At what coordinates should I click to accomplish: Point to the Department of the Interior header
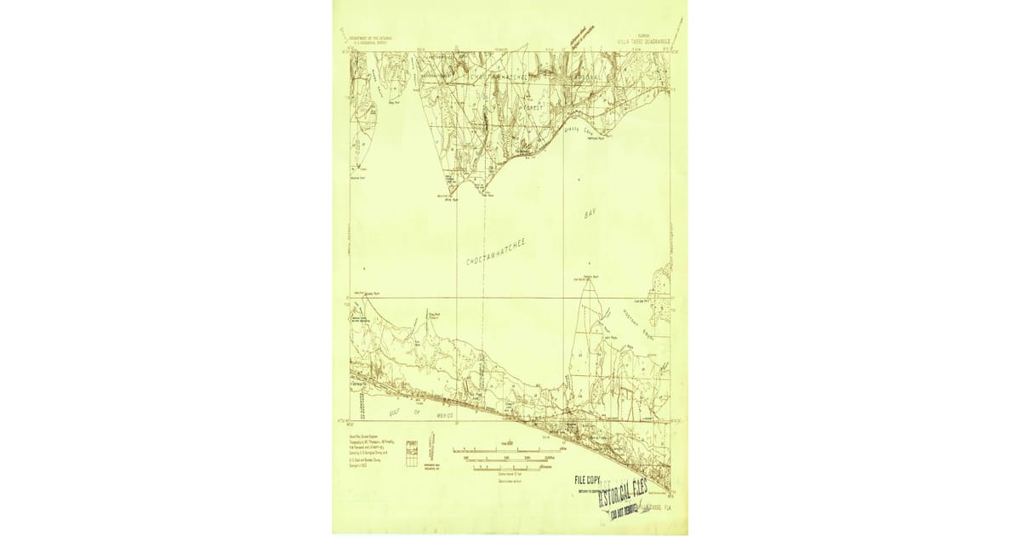click(371, 40)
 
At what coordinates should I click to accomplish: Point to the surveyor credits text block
click(368, 450)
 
